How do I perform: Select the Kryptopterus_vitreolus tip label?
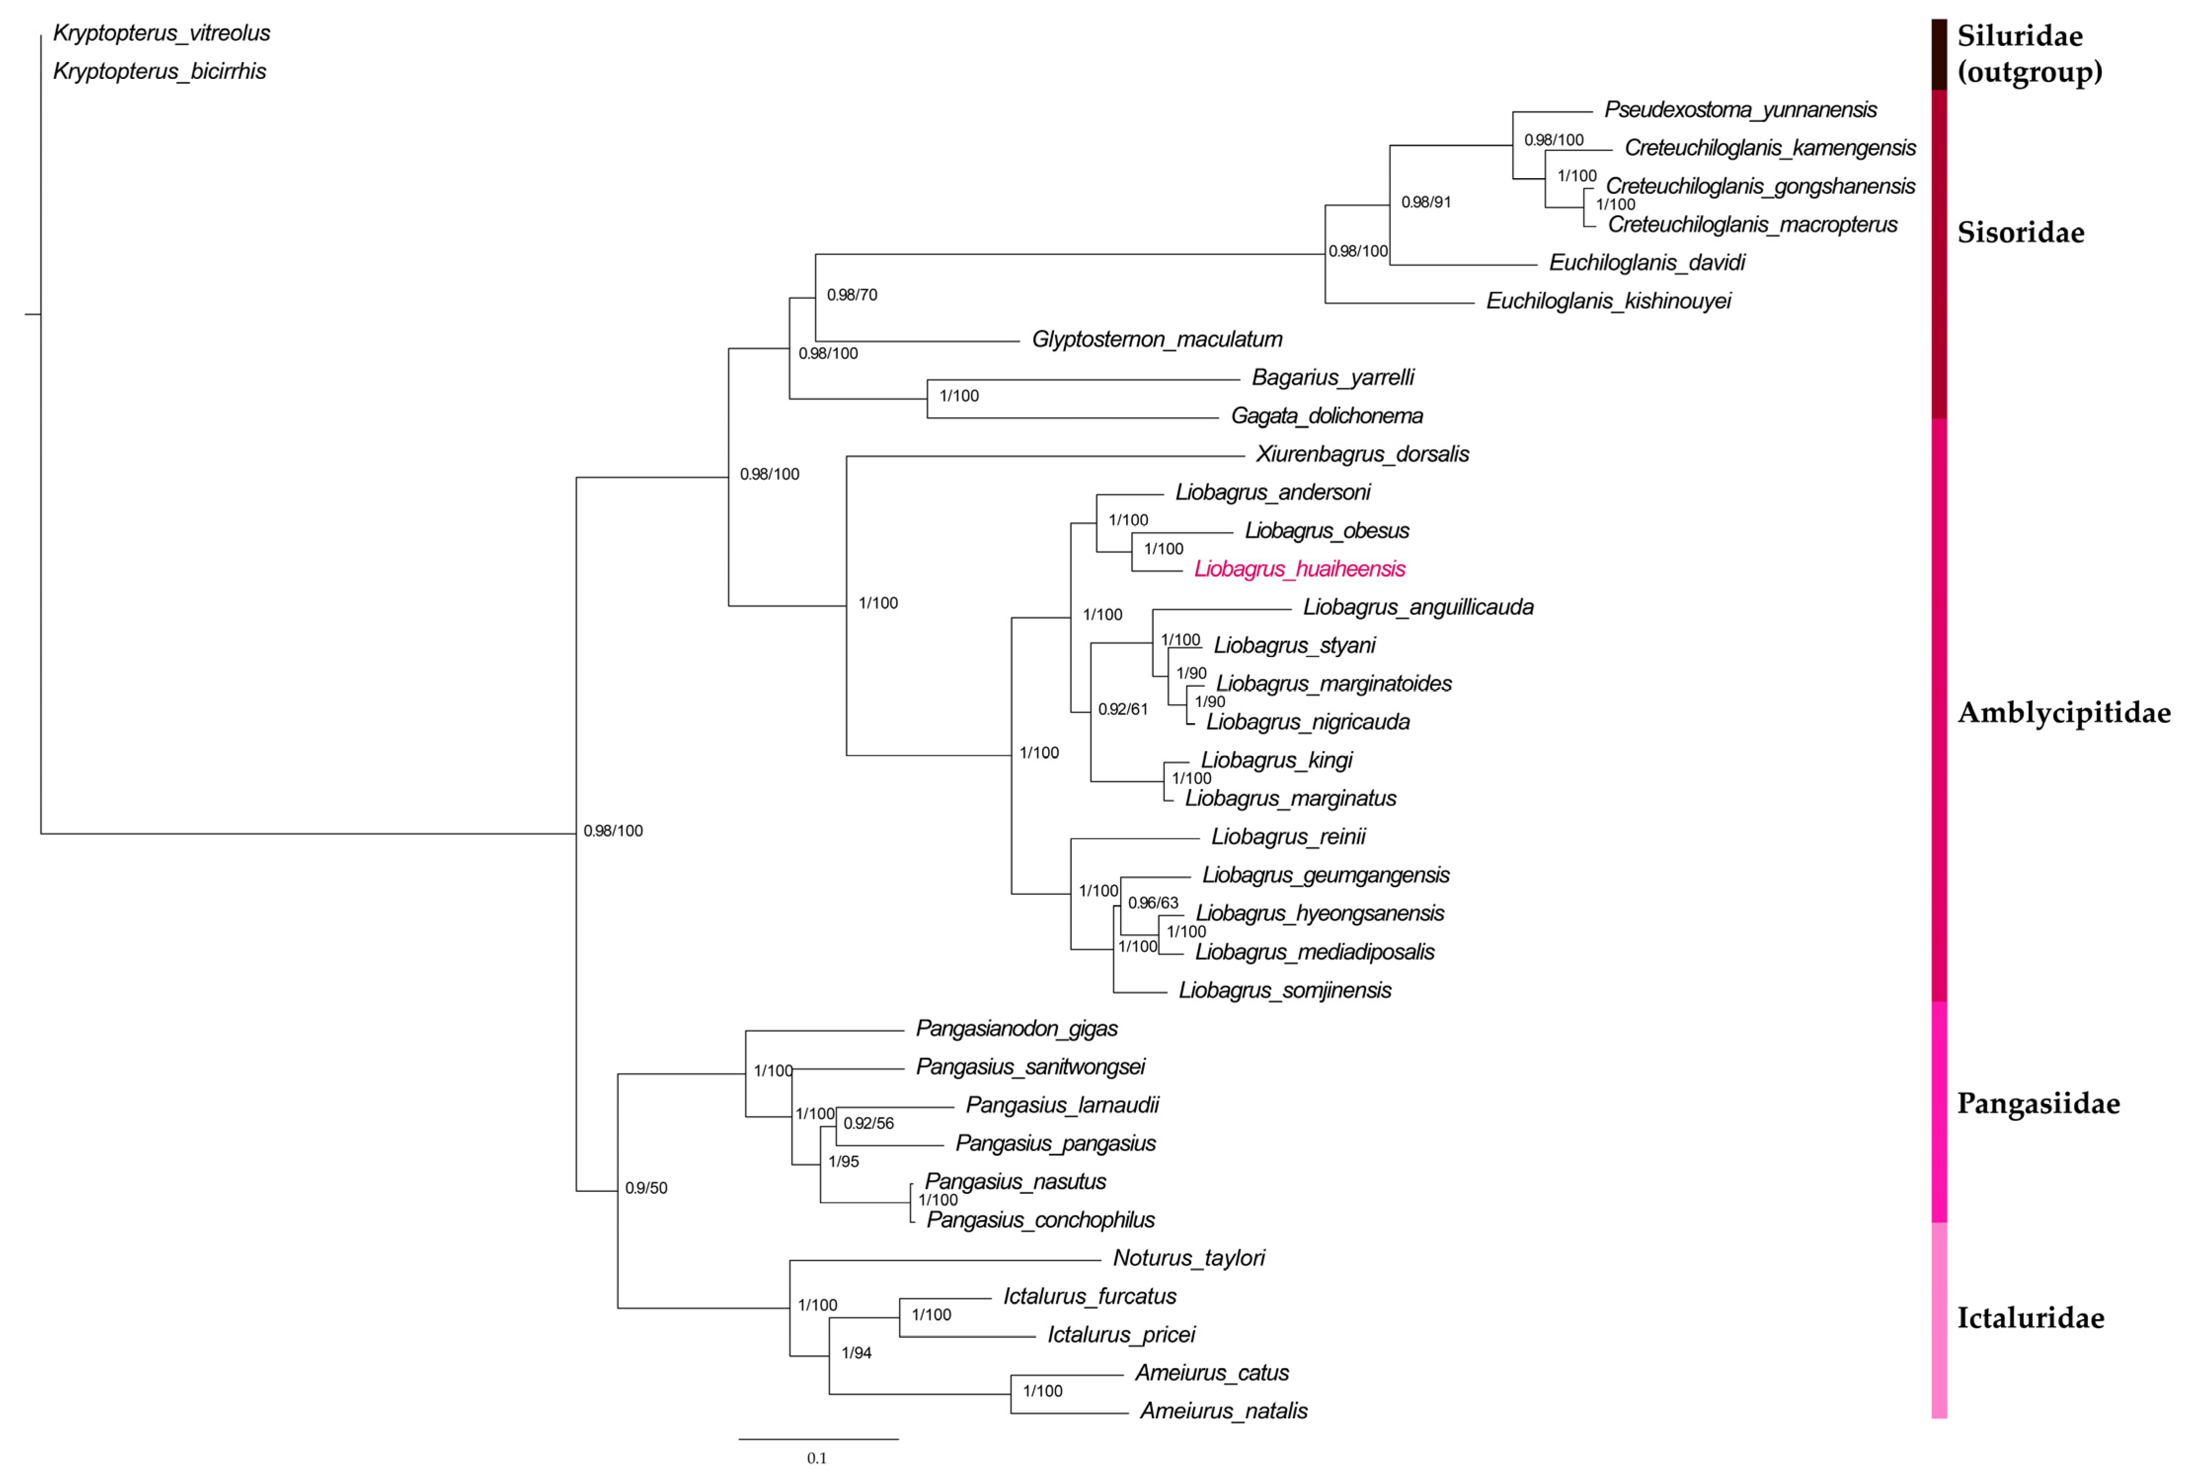pyautogui.click(x=161, y=33)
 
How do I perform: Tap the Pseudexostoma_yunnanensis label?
pyautogui.click(x=1740, y=110)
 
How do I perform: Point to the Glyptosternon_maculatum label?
pyautogui.click(x=1157, y=339)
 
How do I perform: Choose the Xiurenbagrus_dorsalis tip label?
pyautogui.click(x=1361, y=455)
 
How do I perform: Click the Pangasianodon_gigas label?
pyautogui.click(x=1016, y=1028)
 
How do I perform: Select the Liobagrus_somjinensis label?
pyautogui.click(x=1285, y=991)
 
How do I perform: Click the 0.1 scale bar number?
pyautogui.click(x=816, y=1458)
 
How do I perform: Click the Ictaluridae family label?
pyautogui.click(x=2030, y=1318)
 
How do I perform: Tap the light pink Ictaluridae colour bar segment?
pyautogui.click(x=1939, y=1321)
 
